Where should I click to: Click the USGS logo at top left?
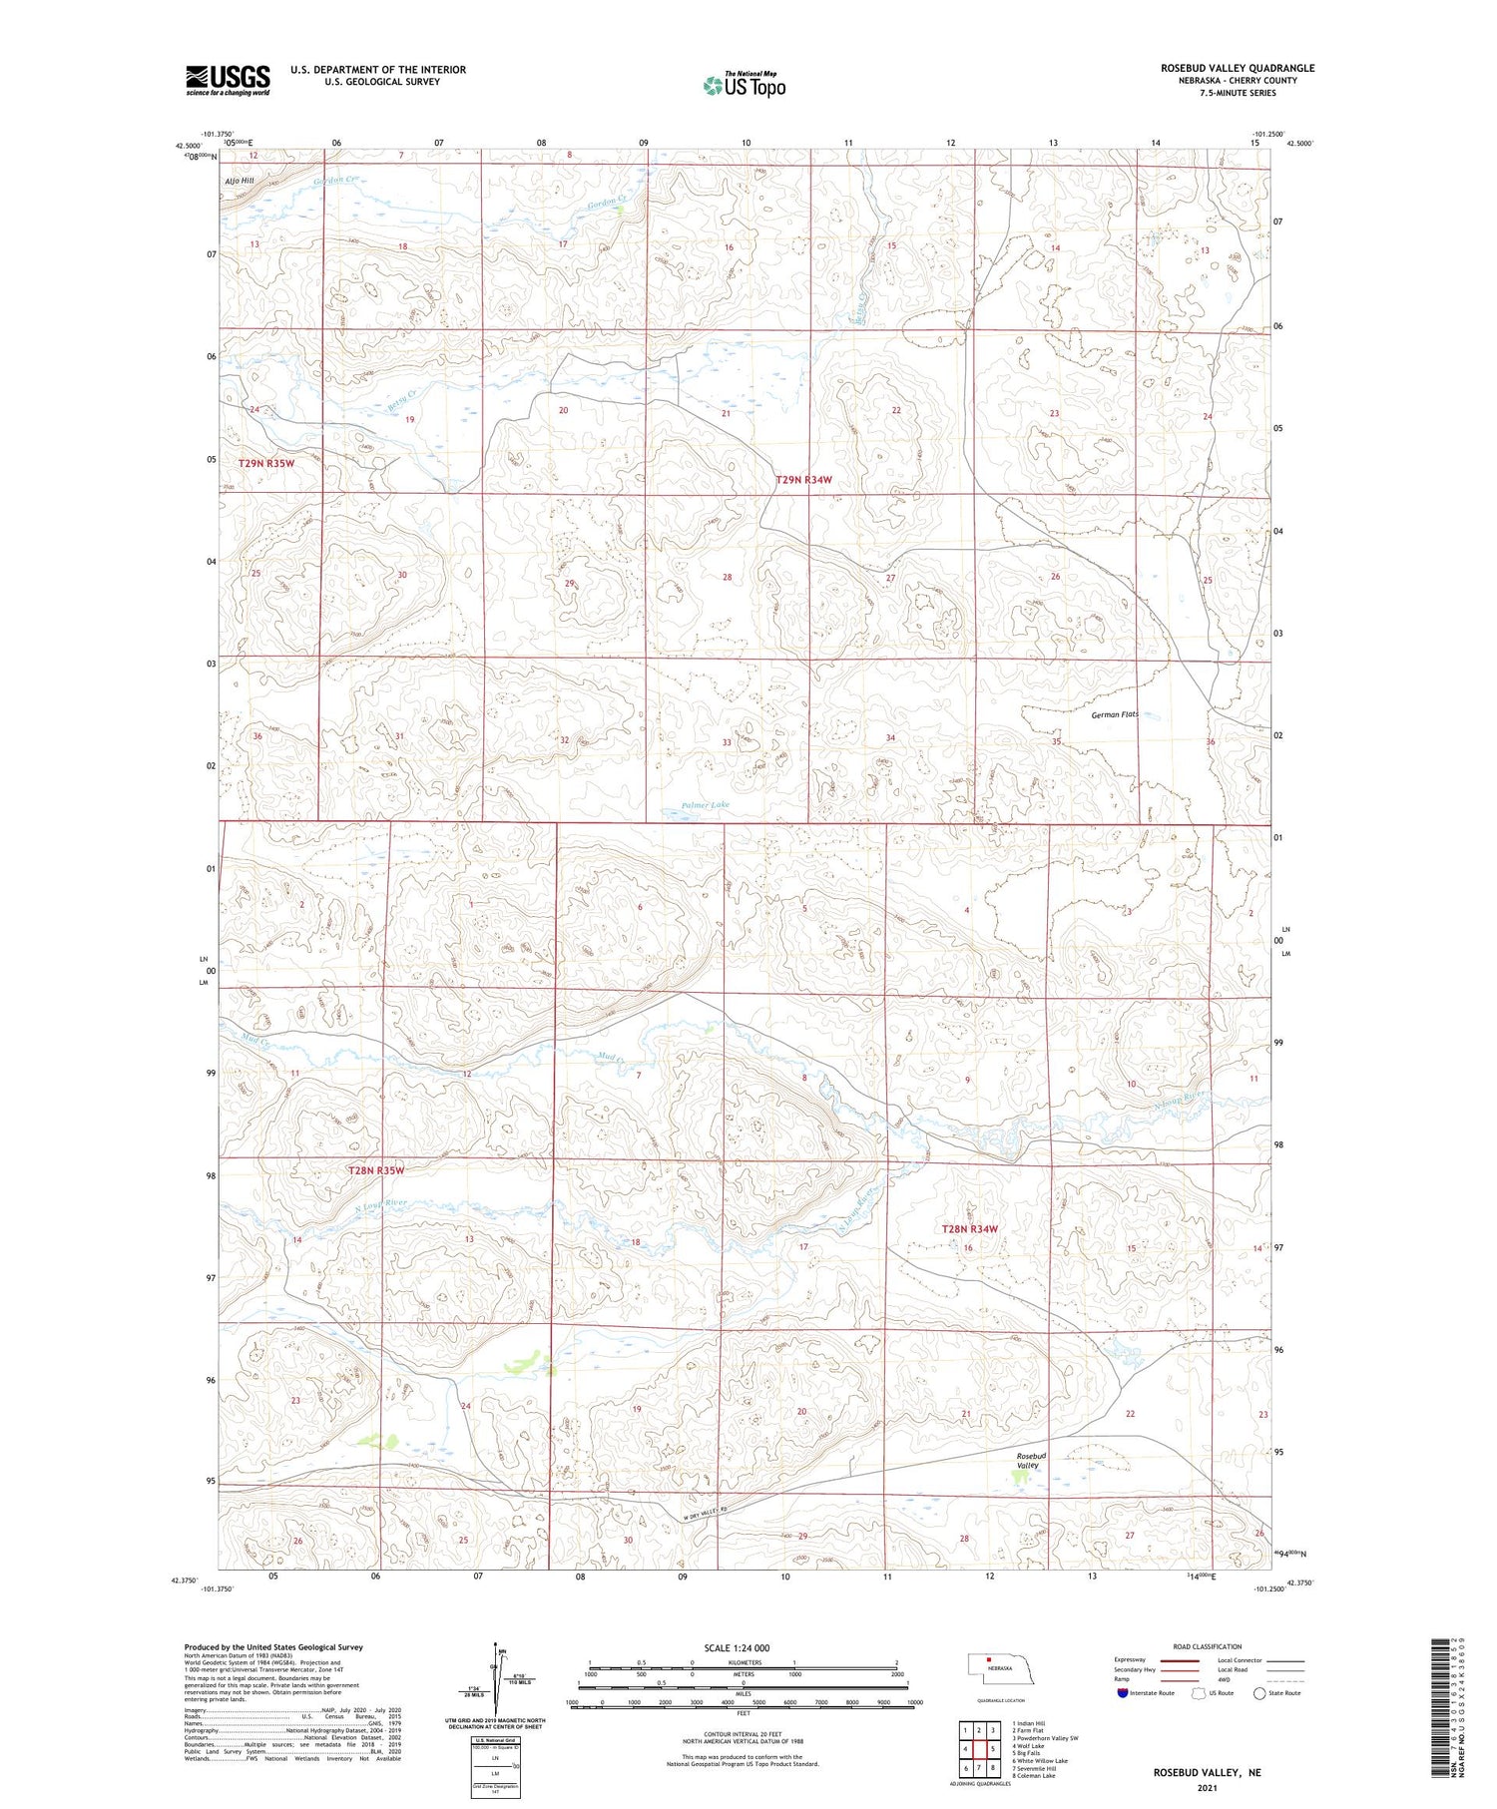pos(228,80)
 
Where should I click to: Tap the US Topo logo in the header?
pos(744,86)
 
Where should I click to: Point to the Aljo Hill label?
pos(240,181)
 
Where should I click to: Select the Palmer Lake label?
pos(706,804)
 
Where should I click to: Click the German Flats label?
pos(1114,714)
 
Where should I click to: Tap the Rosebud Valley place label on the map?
pos(1029,1461)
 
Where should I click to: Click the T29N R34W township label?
pos(803,480)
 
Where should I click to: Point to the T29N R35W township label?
pos(266,464)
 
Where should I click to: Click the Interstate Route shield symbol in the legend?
pos(1122,1693)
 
